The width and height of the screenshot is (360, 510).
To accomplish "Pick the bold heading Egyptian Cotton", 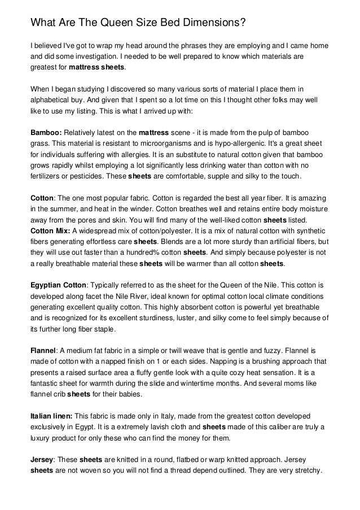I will pos(56,285).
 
